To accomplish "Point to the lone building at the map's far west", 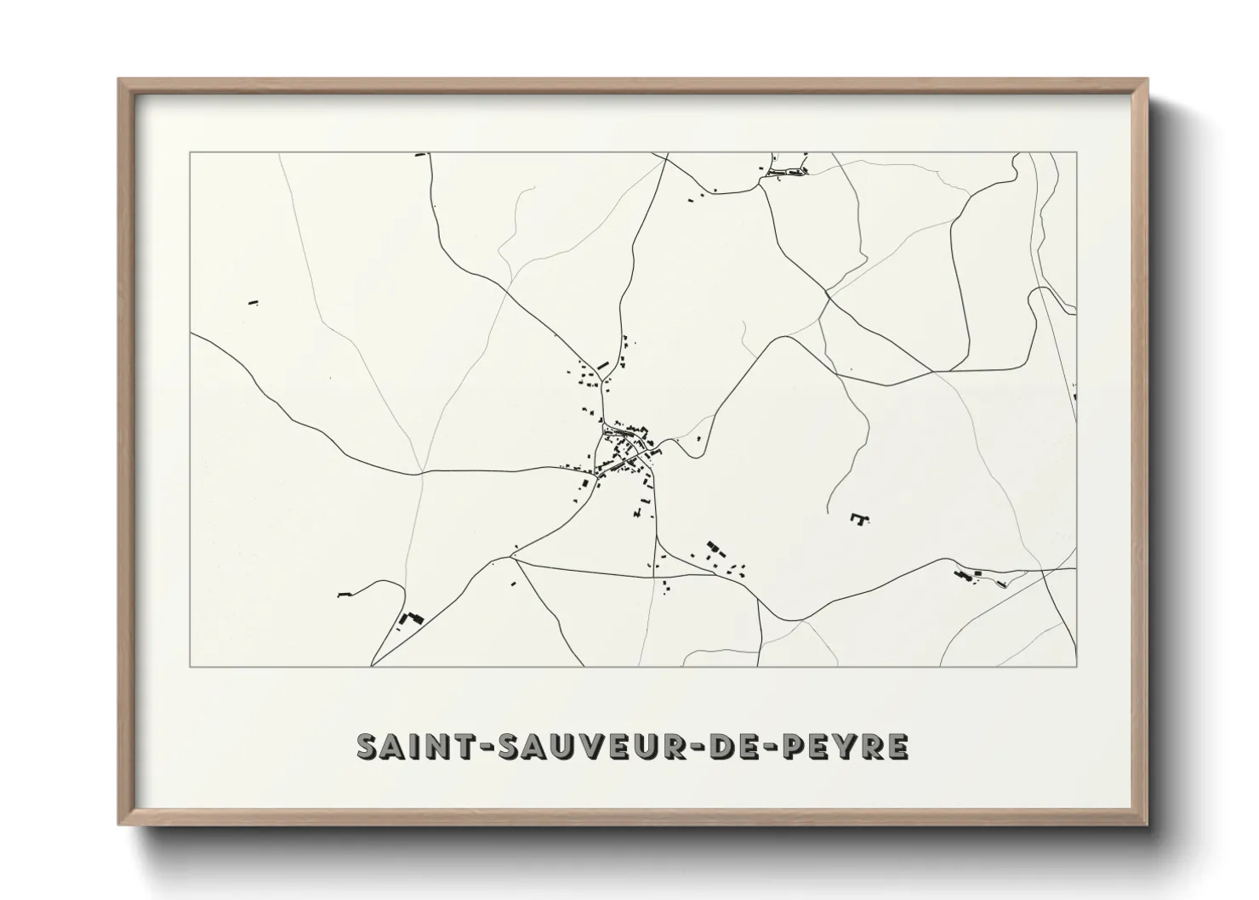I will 253,301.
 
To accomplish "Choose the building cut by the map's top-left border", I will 419,155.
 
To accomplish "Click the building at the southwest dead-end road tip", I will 344,594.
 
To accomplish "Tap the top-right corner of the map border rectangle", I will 1076,152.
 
